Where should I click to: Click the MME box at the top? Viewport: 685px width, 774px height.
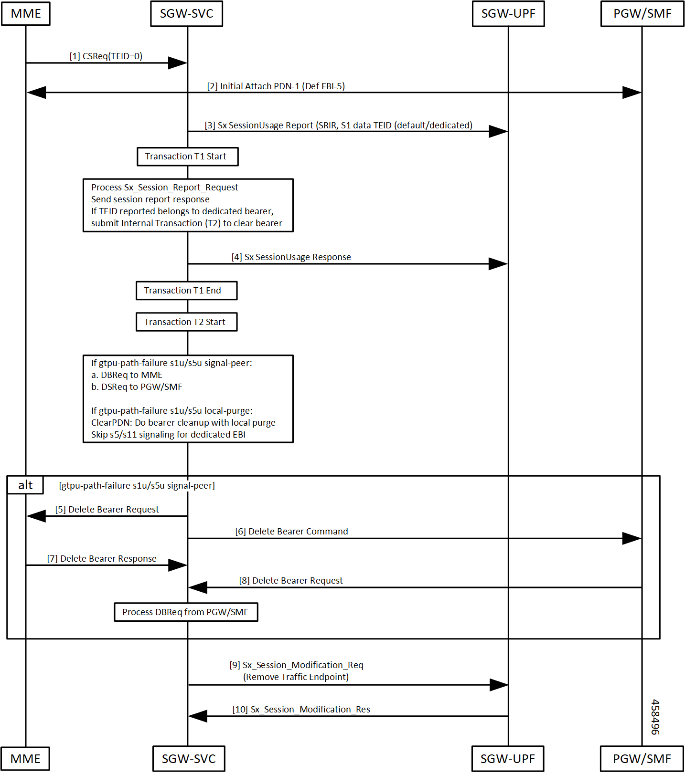click(26, 13)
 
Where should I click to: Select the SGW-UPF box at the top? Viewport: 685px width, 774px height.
click(508, 13)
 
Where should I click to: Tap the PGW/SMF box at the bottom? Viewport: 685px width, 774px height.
click(642, 759)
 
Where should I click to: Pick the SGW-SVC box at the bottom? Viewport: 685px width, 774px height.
click(189, 759)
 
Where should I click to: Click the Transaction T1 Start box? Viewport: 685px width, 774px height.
click(188, 157)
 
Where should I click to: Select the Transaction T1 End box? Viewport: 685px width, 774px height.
click(187, 291)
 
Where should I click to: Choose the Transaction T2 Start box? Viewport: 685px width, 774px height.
click(187, 322)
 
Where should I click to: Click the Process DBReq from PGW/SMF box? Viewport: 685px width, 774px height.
click(186, 612)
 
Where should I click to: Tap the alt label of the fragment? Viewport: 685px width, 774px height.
click(25, 485)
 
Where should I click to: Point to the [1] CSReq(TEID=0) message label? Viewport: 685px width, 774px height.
click(106, 56)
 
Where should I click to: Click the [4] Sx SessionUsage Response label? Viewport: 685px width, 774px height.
click(291, 257)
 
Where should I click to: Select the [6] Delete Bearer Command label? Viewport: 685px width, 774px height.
click(292, 532)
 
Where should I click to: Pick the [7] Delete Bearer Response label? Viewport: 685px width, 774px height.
click(102, 559)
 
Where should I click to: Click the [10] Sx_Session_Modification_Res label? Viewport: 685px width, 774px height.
click(301, 710)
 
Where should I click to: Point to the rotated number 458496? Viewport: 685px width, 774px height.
click(655, 717)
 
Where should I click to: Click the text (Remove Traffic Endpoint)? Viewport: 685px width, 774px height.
click(296, 677)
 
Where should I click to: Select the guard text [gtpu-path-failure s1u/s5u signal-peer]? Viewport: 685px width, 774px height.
click(137, 486)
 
